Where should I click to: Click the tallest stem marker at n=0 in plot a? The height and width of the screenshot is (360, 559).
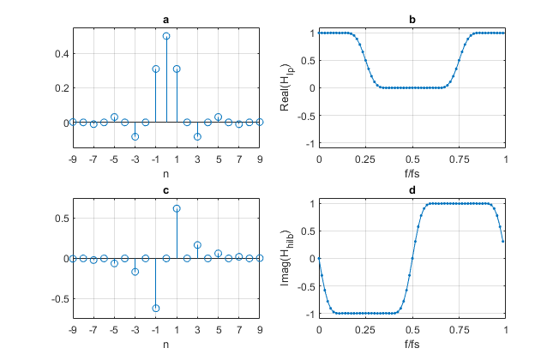[166, 36]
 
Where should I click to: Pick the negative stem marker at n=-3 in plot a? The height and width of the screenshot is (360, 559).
[135, 136]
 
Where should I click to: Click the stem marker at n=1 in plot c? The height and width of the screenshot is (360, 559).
[177, 208]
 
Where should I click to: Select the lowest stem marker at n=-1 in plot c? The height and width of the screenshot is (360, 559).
[156, 308]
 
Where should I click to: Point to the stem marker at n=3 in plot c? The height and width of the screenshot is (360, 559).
[197, 245]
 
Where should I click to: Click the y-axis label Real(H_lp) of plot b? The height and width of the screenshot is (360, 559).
[294, 87]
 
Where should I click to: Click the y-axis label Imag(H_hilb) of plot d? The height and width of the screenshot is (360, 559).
[294, 258]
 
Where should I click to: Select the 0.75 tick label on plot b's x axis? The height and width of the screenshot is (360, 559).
[459, 159]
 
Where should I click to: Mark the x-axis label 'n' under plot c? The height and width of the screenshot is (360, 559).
[166, 344]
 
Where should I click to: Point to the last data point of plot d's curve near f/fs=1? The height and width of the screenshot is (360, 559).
[503, 241]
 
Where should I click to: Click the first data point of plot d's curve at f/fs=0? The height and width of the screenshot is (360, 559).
[320, 258]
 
